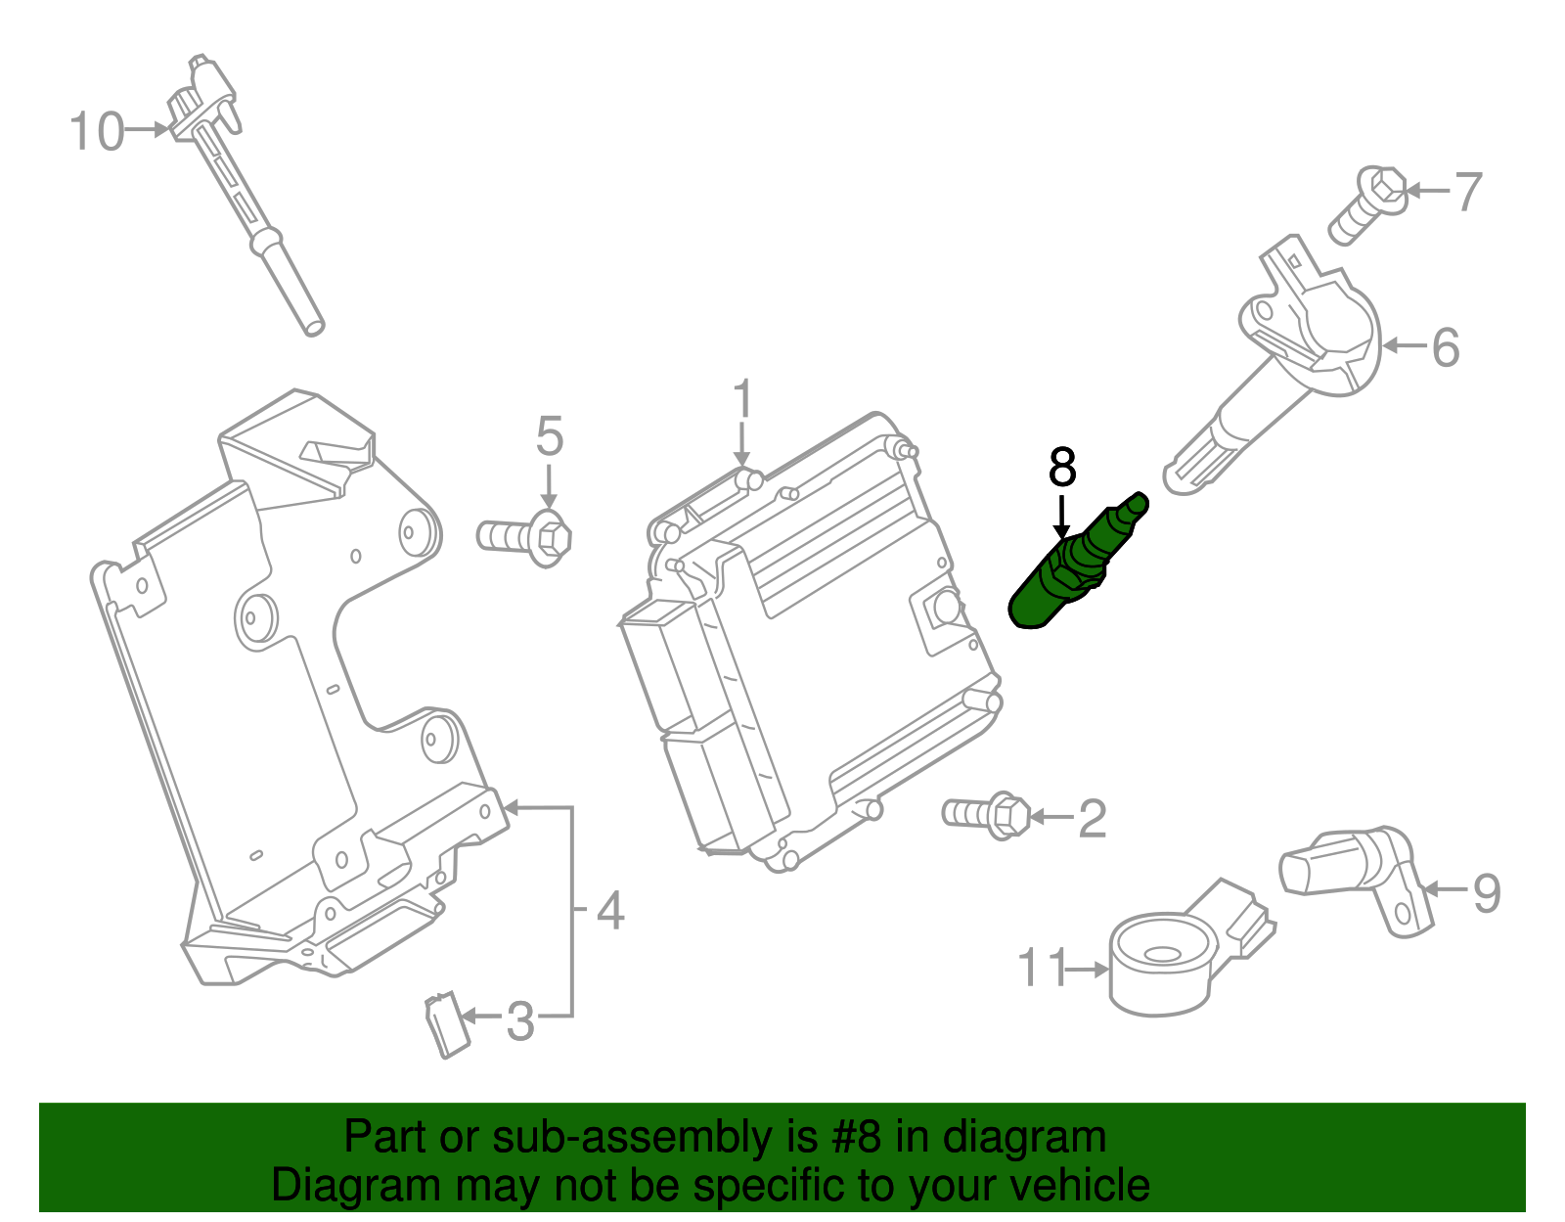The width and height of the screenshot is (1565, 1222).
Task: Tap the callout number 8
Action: (1061, 468)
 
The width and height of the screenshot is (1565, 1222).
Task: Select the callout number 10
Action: (97, 131)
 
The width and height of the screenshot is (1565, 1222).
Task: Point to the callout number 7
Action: (1467, 192)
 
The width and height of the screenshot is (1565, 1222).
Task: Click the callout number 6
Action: (1445, 347)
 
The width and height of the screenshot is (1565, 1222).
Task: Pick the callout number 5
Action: (550, 435)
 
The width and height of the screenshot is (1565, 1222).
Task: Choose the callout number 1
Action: (743, 400)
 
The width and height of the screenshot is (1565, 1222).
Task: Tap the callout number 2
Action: (1092, 818)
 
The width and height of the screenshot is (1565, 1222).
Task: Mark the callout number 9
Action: (1486, 892)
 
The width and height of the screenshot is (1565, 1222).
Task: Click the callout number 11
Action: (1042, 969)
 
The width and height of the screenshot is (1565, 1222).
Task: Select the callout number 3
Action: (519, 1021)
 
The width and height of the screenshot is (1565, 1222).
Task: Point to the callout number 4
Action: (609, 911)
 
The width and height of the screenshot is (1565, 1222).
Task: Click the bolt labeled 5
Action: (526, 536)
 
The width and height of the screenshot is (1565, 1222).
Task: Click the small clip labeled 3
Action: (445, 1023)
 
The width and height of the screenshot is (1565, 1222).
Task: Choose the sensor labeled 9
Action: (1355, 866)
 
